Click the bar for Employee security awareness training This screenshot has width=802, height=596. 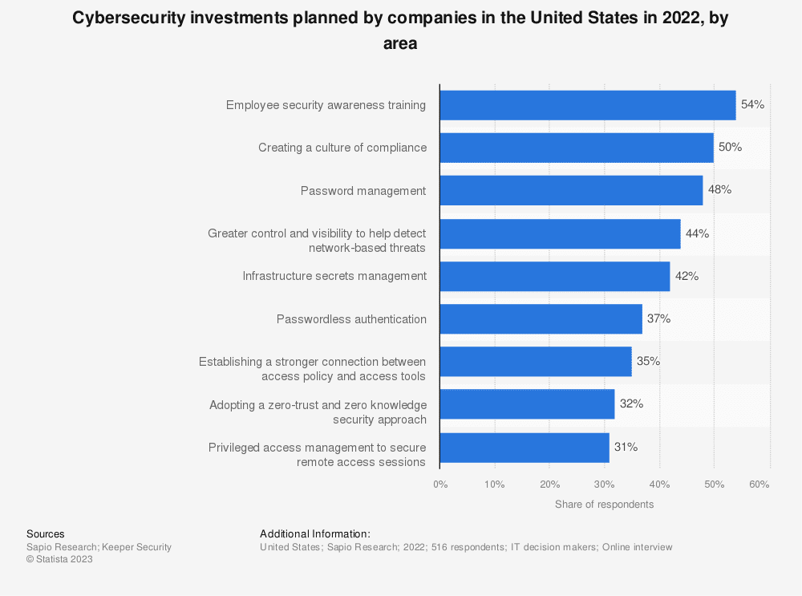tap(587, 105)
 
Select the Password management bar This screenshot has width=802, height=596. tap(571, 191)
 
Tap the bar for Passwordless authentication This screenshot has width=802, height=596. tap(541, 319)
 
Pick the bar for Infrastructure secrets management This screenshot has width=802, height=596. tap(554, 276)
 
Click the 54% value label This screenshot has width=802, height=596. tap(752, 105)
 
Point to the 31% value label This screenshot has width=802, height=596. tap(626, 448)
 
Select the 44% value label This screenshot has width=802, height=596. tap(697, 233)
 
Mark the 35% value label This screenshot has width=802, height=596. tap(648, 362)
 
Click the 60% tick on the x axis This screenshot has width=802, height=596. tap(759, 485)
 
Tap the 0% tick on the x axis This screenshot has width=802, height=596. tap(440, 485)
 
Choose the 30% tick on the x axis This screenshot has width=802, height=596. tap(604, 485)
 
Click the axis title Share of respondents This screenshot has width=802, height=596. tap(604, 505)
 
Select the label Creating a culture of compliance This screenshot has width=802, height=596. tap(342, 148)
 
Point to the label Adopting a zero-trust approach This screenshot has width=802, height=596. tap(318, 412)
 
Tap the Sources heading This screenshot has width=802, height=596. tap(46, 534)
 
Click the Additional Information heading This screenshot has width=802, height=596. tap(315, 534)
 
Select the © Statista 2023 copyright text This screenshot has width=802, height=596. tap(59, 560)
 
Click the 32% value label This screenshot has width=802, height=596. tap(631, 404)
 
